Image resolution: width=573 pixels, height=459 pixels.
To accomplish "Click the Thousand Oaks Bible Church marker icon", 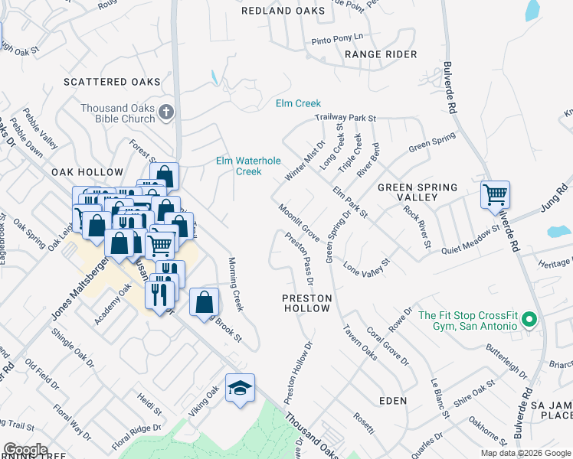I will tap(166, 114).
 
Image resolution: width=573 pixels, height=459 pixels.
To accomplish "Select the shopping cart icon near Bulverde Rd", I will tap(496, 194).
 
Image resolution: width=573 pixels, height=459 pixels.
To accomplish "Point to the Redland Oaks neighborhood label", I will tap(277, 11).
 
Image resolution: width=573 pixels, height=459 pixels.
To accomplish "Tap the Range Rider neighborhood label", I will tap(381, 54).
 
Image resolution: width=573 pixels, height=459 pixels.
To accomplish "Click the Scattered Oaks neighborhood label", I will tap(112, 82).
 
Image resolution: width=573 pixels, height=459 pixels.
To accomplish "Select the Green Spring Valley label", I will tap(417, 192).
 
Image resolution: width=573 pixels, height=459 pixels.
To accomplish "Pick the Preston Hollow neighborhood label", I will tap(307, 303).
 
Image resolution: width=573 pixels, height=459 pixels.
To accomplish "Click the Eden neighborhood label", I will tap(393, 401).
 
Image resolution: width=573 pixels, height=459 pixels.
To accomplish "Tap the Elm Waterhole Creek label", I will tap(249, 166).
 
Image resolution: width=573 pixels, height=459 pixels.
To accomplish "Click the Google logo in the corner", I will tap(25, 450).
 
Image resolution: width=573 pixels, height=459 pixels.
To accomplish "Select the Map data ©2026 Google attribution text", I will tap(525, 453).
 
